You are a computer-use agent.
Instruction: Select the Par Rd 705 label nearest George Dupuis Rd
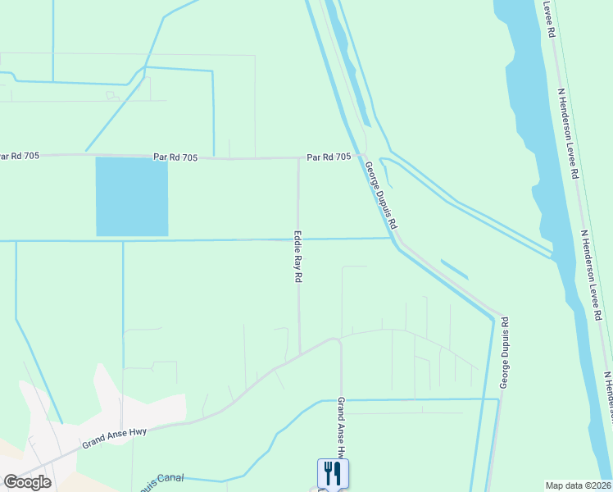click(329, 156)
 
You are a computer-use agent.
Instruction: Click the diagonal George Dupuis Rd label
click(381, 194)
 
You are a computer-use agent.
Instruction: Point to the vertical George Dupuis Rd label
click(505, 353)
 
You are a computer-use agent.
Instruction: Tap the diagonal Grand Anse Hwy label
click(114, 435)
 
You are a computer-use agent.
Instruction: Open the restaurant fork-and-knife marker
click(333, 473)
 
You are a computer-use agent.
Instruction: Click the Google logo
click(27, 482)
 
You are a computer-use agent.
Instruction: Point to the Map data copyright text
click(579, 485)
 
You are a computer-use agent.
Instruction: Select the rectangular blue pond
click(132, 197)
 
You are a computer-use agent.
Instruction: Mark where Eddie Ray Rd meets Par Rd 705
click(297, 157)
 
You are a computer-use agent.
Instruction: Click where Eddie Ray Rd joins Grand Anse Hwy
click(299, 353)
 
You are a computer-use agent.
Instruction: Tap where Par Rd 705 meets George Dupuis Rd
click(358, 157)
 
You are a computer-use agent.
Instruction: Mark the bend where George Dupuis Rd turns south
click(499, 316)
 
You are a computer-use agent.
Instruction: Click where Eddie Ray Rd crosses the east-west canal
click(298, 239)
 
